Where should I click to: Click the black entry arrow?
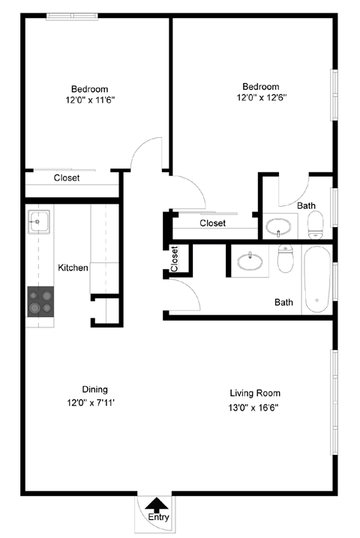coord(157,506)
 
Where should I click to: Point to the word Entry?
coord(158,518)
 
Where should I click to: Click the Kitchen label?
coord(73,268)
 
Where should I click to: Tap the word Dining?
coord(95,389)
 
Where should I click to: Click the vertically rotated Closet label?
coord(175,259)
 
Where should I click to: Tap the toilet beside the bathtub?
coord(285,260)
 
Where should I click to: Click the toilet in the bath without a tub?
coord(316,222)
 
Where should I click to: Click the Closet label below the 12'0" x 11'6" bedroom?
coord(67,178)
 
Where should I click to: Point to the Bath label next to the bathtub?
coord(283,303)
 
